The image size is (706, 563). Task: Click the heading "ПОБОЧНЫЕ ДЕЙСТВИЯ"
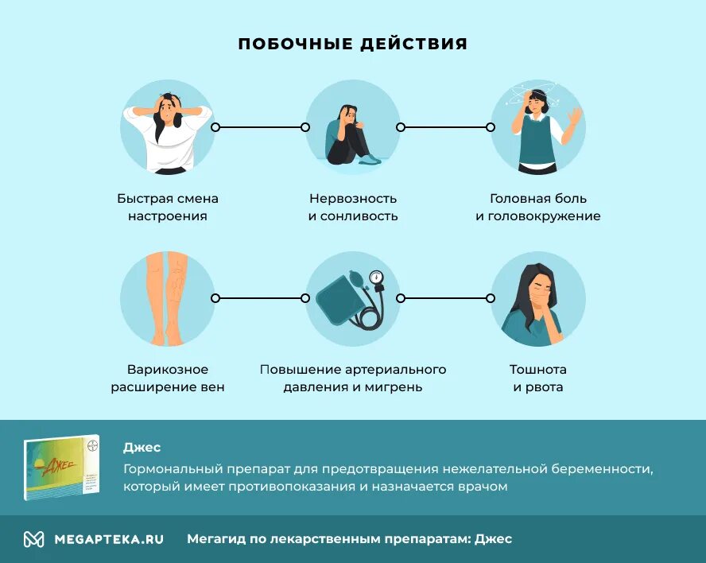pos(353,44)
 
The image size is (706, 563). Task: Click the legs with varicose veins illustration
pos(168,298)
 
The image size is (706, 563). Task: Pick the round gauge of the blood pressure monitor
pos(376,278)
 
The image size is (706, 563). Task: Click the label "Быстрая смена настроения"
pos(168,208)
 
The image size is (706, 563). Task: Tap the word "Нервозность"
pos(353,199)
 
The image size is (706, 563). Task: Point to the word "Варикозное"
pos(168,370)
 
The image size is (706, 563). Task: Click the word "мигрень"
pos(395,387)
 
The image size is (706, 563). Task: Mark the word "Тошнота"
pos(538,370)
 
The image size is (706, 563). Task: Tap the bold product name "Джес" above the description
pos(142,448)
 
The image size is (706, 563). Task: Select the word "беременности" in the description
pos(611,469)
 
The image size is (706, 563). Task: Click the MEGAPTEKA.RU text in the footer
pos(109,539)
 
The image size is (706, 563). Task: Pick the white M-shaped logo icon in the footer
pos(33,539)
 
